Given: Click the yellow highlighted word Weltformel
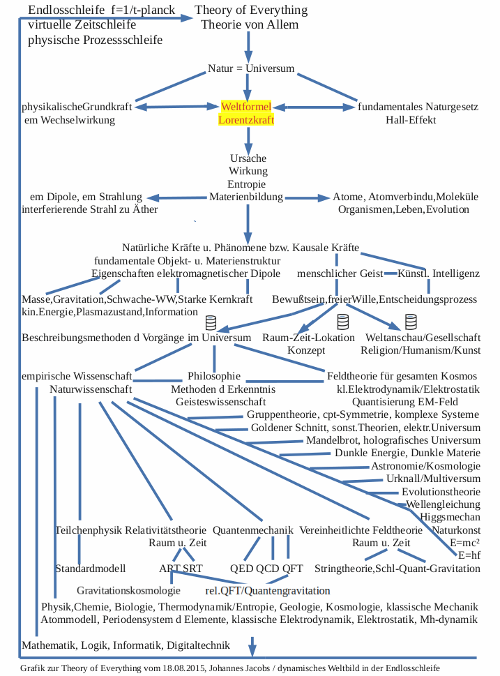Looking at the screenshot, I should point(246,107).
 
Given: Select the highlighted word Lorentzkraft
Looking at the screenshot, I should point(246,119).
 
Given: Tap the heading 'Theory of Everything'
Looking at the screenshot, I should point(250,10).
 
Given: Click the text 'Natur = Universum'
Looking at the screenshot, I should point(251,68).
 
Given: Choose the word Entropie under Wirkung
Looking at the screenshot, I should point(248,183).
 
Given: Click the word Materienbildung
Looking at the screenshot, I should point(246,197).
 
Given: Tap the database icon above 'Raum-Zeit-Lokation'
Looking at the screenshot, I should point(342,322).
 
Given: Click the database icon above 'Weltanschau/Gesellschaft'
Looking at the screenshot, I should point(411,322).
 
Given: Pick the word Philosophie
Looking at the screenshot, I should point(214,376).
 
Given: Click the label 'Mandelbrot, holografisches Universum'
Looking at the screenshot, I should point(393,440).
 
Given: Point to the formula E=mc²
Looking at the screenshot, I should point(465,542).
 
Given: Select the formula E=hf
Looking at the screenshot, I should point(468,555).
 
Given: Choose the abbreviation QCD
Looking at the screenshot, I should point(267,568).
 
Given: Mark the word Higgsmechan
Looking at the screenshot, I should point(450,516).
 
